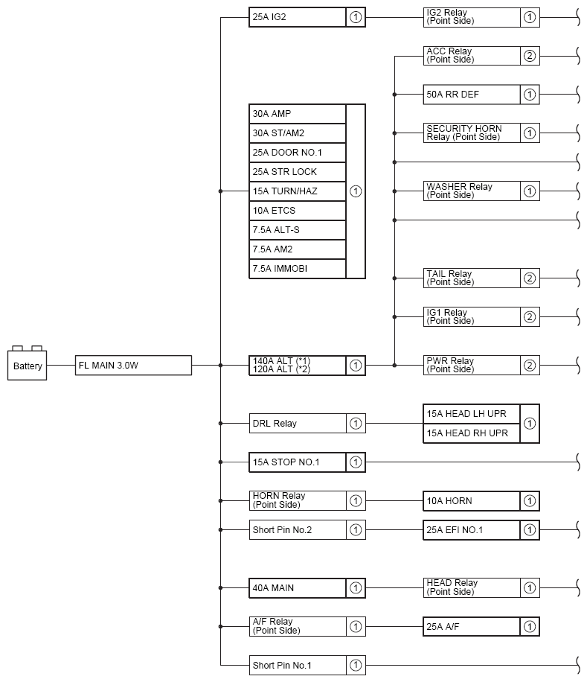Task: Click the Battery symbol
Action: pyautogui.click(x=28, y=365)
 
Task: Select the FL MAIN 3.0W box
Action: pyautogui.click(x=134, y=366)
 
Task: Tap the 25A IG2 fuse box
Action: pyautogui.click(x=297, y=17)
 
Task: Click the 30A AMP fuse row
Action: pyautogui.click(x=298, y=114)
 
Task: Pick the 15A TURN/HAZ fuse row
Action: pyautogui.click(x=298, y=191)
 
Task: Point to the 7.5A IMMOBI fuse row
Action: pyautogui.click(x=298, y=269)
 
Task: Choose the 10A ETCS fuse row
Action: pyautogui.click(x=298, y=211)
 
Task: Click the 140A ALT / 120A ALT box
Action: pyautogui.click(x=298, y=366)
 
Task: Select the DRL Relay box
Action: pyautogui.click(x=298, y=424)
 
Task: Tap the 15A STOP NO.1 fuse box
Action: pyautogui.click(x=298, y=462)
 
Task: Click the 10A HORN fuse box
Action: pyautogui.click(x=471, y=501)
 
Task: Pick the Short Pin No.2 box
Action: pyautogui.click(x=298, y=530)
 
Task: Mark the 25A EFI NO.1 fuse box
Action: pyautogui.click(x=471, y=530)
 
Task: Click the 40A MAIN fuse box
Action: pyautogui.click(x=298, y=588)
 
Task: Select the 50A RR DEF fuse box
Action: pyautogui.click(x=471, y=95)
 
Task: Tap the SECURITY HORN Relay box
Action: pyautogui.click(x=471, y=133)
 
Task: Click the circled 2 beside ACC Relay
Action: pyautogui.click(x=530, y=56)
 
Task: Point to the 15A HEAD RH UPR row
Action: pyautogui.click(x=471, y=433)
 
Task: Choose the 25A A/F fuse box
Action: pyautogui.click(x=471, y=627)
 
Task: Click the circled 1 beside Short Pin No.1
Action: pyautogui.click(x=356, y=666)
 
